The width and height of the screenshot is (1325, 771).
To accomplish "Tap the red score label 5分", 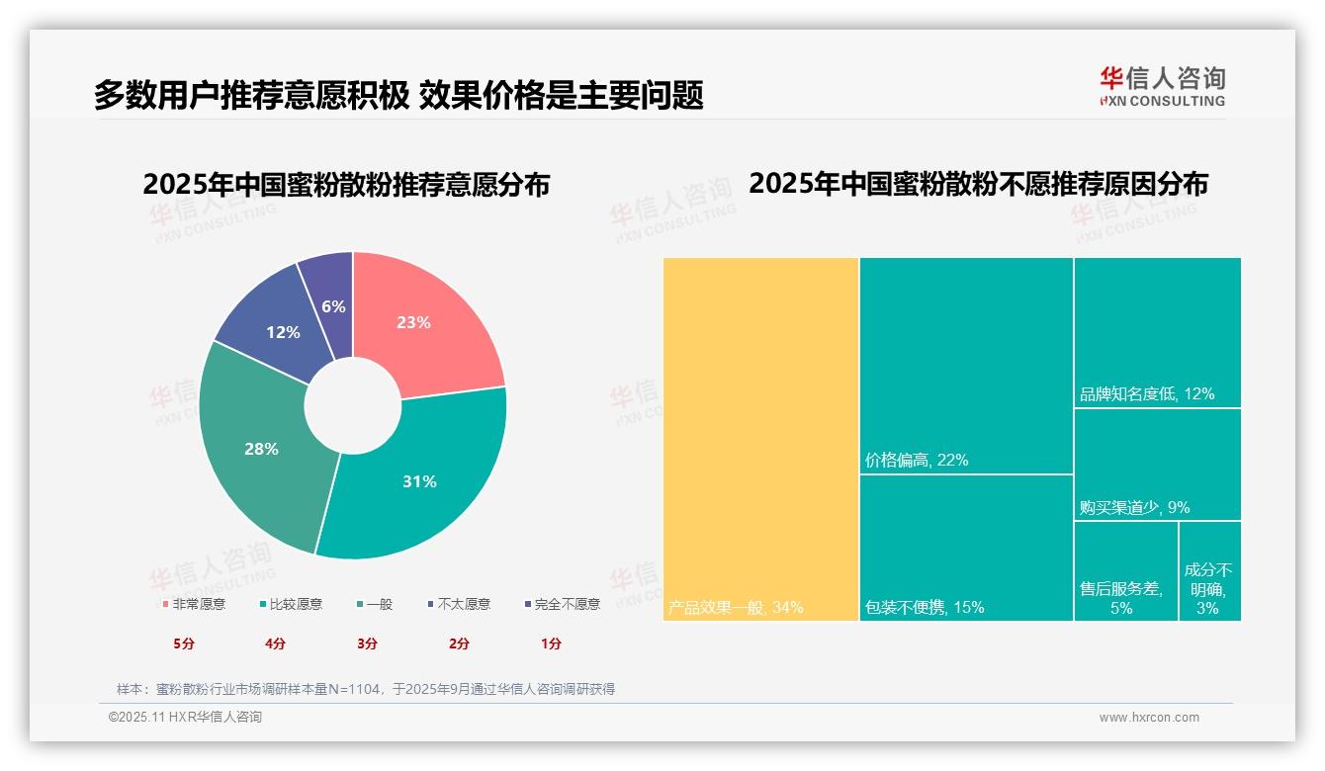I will pos(184,643).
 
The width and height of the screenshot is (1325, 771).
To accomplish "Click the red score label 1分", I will pos(551,643).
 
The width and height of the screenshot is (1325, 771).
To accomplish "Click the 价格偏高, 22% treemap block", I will pos(965,366).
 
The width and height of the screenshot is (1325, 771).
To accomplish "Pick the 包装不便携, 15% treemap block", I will pos(965,547).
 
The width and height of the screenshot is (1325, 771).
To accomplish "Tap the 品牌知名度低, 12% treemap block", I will pos(1156,332).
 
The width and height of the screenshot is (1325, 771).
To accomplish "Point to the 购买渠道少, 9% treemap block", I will pos(1156,465).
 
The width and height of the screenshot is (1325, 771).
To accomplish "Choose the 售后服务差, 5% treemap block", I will pos(1124,571).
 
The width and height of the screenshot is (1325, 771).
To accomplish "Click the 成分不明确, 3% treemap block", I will pos(1209,571).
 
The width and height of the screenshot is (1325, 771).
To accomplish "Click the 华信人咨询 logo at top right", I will pos(1162,85).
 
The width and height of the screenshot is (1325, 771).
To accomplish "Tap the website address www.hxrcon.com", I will pos(1149,718).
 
